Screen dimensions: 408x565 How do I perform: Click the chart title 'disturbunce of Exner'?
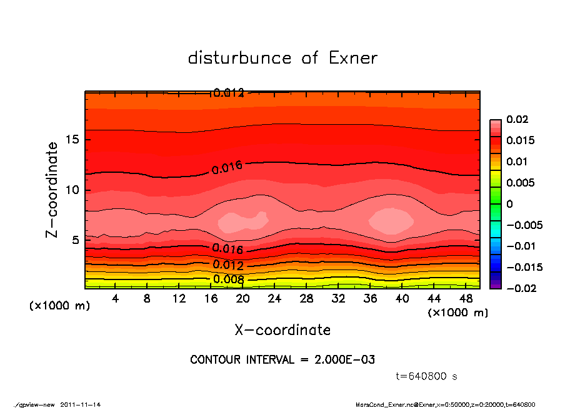pos(282,58)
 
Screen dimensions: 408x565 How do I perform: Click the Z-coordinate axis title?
pos(52,190)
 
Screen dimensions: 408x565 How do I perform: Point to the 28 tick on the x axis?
pos(306,299)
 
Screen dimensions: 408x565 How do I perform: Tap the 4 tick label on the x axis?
pos(115,299)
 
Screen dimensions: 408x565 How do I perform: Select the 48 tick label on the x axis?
pos(466,299)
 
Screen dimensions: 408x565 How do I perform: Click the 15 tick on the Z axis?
pos(72,140)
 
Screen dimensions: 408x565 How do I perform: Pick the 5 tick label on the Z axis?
pos(74,240)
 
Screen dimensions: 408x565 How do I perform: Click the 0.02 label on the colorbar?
pos(518,119)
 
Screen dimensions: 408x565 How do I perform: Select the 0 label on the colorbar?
pos(509,204)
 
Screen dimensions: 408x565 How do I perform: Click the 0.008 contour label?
pos(228,279)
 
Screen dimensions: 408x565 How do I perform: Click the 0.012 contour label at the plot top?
pos(228,93)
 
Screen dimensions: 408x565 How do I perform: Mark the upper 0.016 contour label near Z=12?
pos(227,167)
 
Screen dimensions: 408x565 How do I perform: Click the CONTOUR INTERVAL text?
pos(282,360)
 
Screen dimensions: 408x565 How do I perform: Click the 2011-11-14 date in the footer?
pos(81,404)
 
